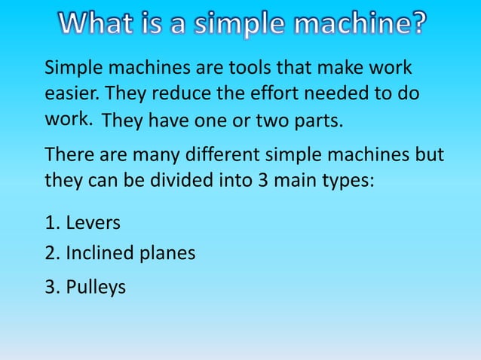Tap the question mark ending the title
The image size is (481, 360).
415,26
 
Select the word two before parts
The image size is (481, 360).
272,121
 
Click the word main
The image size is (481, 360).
296,182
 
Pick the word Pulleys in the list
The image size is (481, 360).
96,288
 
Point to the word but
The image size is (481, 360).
428,156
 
